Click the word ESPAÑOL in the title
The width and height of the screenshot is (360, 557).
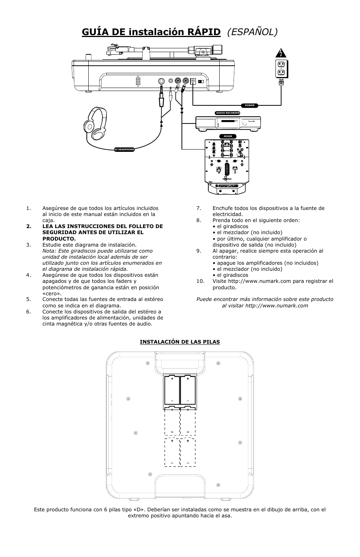(252, 32)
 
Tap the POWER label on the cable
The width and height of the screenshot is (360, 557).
(250, 105)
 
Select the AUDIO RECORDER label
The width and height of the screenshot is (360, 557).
(228, 113)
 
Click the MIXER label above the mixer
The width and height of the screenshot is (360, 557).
(228, 136)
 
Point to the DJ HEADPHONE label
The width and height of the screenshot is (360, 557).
(124, 150)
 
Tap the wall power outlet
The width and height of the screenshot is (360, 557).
(281, 68)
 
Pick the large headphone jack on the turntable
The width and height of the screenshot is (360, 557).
(161, 81)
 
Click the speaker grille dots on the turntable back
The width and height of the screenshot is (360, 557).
(138, 81)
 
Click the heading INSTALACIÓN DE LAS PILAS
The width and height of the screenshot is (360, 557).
(180, 342)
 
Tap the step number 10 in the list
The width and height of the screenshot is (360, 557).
(200, 281)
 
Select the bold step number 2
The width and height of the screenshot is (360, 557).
(28, 226)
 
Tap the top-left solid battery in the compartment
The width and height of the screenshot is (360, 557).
(172, 390)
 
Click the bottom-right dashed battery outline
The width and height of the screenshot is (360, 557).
(188, 452)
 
